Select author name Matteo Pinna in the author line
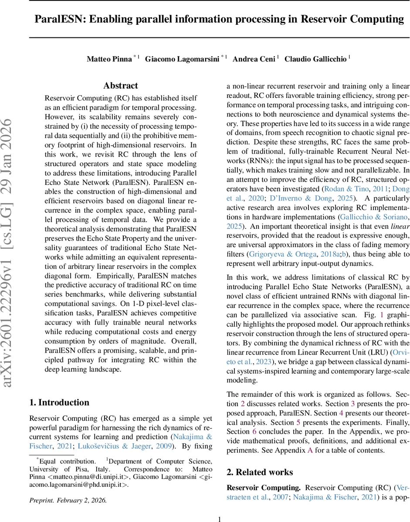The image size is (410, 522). [109, 59]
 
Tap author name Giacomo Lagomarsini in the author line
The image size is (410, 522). [182, 59]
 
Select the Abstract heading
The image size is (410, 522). [121, 86]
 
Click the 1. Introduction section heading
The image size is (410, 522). [59, 402]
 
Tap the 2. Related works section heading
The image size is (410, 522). [260, 472]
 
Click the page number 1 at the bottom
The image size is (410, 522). [220, 519]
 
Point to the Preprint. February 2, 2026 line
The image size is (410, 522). [68, 500]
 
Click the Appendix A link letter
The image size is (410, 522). [310, 450]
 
